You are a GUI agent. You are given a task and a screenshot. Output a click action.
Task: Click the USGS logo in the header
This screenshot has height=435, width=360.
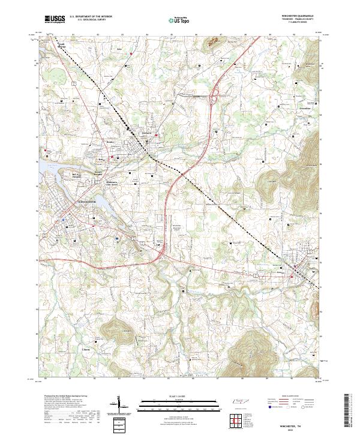pos(55,19)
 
